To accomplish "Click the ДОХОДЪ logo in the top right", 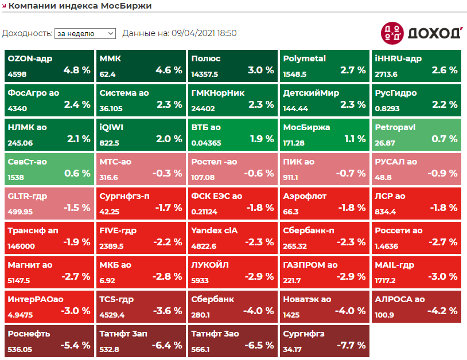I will pyautogui.click(x=422, y=33).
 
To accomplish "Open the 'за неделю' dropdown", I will pyautogui.click(x=85, y=34).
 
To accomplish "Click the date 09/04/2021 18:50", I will pyautogui.click(x=204, y=33).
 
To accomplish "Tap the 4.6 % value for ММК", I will pyautogui.click(x=169, y=71).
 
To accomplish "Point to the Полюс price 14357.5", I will pyautogui.click(x=205, y=75).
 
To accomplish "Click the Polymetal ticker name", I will pyautogui.click(x=304, y=58).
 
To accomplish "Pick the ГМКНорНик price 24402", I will pyautogui.click(x=203, y=109).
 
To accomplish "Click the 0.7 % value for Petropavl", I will pyautogui.click(x=445, y=139).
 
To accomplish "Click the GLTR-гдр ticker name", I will pyautogui.click(x=28, y=196).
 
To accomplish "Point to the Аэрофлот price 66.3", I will pyautogui.click(x=291, y=212).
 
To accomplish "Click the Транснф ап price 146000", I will pyautogui.click(x=21, y=246).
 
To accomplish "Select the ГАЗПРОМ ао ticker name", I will pyautogui.click(x=310, y=265).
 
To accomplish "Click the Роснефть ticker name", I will pyautogui.click(x=29, y=334).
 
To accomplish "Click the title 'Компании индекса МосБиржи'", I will pyautogui.click(x=80, y=6).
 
